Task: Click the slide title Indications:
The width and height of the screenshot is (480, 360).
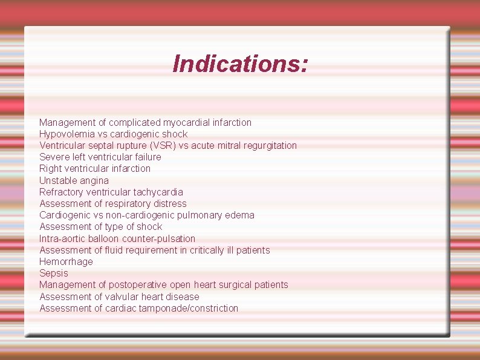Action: tap(240, 64)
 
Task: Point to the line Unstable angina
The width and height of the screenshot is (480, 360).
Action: tap(74, 180)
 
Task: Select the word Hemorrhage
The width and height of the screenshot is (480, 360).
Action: tap(66, 261)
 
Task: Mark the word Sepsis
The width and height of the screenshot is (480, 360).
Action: tap(54, 273)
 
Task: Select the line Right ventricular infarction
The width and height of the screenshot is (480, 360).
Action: tap(95, 169)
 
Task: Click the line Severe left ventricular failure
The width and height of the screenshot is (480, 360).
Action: tap(100, 157)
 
